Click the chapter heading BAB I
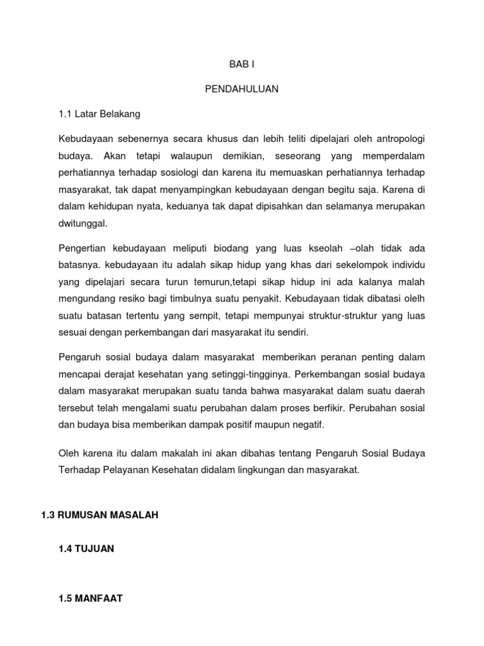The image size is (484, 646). pyautogui.click(x=241, y=64)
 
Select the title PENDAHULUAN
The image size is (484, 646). pyautogui.click(x=241, y=89)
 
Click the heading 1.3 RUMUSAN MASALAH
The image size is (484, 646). pyautogui.click(x=99, y=515)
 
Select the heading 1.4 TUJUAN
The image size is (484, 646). pyautogui.click(x=86, y=549)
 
